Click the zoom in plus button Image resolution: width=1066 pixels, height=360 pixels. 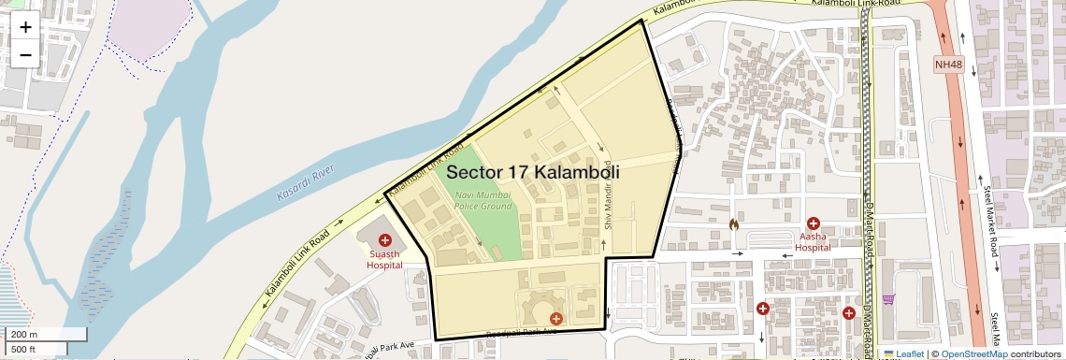[x=25, y=27]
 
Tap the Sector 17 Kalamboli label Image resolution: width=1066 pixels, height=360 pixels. [x=533, y=173]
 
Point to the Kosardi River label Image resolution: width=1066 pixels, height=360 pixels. [x=306, y=185]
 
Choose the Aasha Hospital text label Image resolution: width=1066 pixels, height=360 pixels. [x=813, y=242]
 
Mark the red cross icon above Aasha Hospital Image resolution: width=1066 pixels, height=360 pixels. [x=814, y=223]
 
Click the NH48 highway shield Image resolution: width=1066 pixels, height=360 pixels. [x=948, y=65]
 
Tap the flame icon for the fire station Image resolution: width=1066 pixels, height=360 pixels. [x=734, y=224]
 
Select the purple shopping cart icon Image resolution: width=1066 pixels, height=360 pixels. [x=888, y=299]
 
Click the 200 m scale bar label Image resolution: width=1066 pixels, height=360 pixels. [x=24, y=335]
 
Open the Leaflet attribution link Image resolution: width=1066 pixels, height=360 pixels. [x=904, y=353]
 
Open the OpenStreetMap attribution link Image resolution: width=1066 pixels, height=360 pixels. [x=973, y=353]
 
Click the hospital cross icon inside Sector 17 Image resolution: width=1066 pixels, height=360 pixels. [x=556, y=320]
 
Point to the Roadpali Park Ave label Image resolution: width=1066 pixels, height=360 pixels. [x=525, y=331]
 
